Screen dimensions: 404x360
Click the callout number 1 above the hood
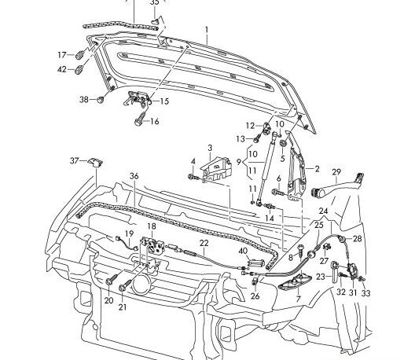point(207,30)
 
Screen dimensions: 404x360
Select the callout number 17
point(62,55)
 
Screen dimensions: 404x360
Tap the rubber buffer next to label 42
point(79,70)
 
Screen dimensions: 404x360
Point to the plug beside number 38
point(101,100)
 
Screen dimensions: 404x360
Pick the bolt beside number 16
point(141,119)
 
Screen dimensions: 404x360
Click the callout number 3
point(210,149)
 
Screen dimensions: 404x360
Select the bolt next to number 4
point(194,178)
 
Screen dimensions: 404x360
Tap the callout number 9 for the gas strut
point(238,162)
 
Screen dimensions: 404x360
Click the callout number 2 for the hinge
point(317,169)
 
